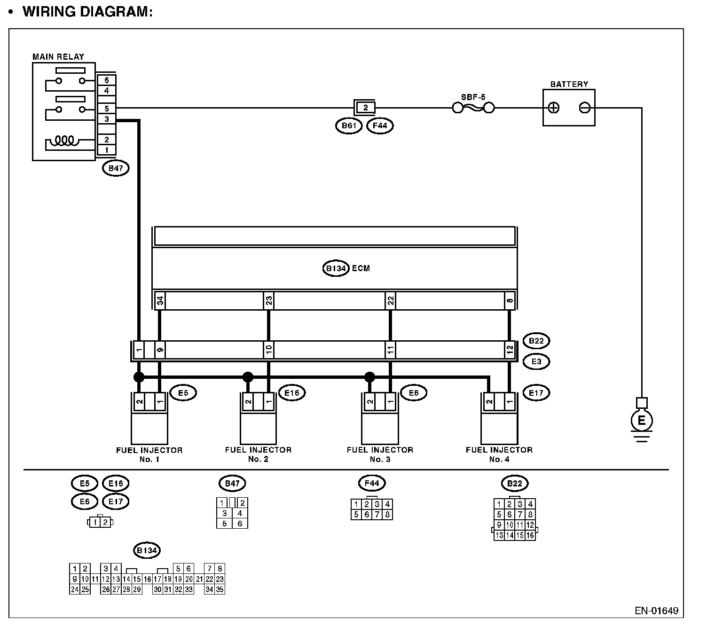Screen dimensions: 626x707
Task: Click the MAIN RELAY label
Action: tap(58, 57)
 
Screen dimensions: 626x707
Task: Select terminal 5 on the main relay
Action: tap(107, 109)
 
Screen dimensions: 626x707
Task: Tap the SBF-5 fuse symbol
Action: tap(473, 108)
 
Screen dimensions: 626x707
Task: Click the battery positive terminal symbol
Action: tap(554, 108)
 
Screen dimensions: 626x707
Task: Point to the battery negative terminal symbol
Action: tap(584, 108)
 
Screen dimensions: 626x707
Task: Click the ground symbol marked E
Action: tap(641, 421)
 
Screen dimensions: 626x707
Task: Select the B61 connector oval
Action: tap(349, 126)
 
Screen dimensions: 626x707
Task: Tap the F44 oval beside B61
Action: tap(379, 126)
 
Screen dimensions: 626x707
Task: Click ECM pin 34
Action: tap(160, 300)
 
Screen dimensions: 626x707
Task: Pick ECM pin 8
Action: tap(510, 300)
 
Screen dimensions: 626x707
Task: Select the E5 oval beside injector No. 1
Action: tap(183, 392)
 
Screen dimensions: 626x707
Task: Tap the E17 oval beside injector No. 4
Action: tap(536, 392)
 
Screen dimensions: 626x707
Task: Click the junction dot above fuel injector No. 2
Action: tap(248, 377)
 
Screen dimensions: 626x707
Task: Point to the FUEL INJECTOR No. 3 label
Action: tap(380, 454)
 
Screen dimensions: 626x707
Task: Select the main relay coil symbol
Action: tap(65, 140)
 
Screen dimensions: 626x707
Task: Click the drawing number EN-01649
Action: tap(656, 611)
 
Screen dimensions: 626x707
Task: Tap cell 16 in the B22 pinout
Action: tap(530, 535)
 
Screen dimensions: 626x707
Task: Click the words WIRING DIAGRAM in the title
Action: tap(87, 12)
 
